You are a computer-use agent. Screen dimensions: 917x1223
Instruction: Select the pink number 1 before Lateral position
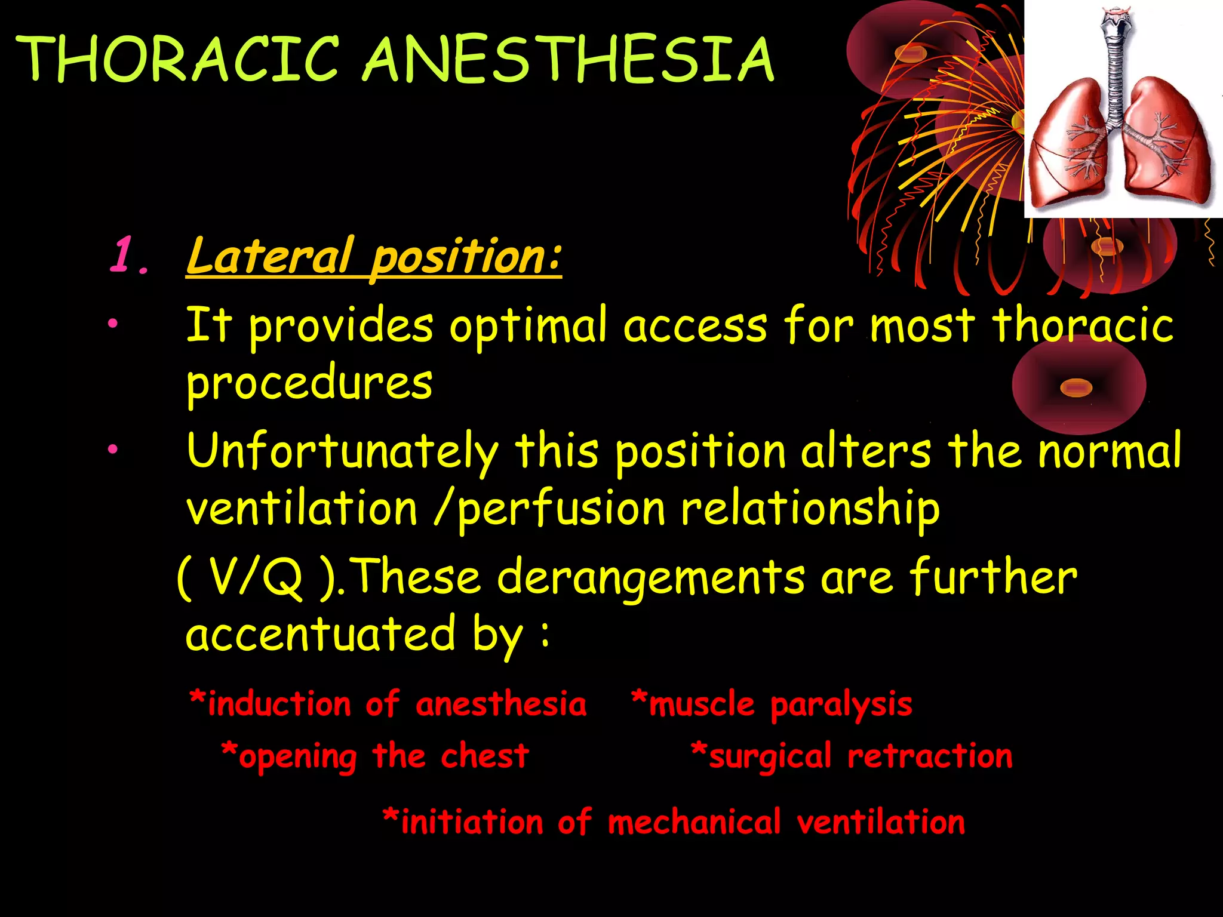click(125, 256)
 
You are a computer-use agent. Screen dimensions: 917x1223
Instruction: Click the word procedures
click(309, 383)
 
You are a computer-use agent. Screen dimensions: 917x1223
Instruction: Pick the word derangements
click(651, 578)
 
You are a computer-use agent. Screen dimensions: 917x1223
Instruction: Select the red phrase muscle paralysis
click(772, 704)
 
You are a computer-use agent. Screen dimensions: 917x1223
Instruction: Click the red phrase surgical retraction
click(852, 756)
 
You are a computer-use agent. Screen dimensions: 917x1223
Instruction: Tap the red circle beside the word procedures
click(1078, 386)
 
